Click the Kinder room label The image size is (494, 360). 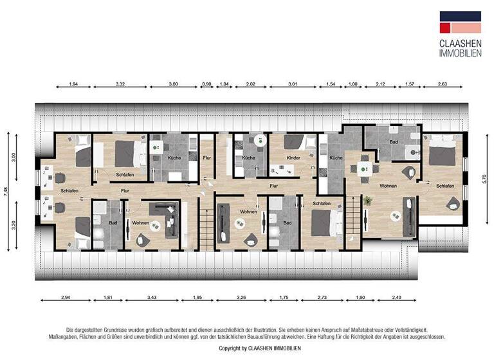293,157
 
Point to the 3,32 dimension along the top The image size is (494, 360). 120,84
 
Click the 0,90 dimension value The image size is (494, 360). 206,84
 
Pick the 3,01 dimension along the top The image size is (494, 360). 293,84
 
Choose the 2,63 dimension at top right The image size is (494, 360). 443,84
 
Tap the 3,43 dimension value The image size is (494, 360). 152,298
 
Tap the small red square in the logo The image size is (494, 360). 444,28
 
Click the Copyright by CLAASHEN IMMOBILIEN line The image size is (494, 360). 260,348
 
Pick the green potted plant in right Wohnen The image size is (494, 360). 368,201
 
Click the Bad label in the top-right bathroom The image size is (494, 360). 393,142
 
